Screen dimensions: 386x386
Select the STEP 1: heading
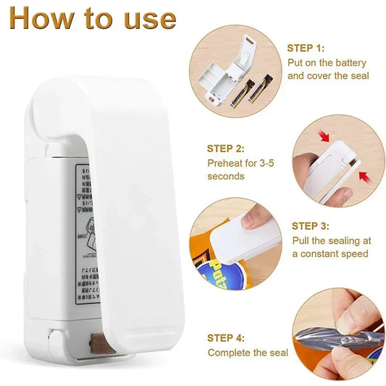pos(306,49)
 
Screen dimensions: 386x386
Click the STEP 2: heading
pos(226,148)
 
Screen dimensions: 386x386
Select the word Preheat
pos(226,163)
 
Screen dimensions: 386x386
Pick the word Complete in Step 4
pos(230,353)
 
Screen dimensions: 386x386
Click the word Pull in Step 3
pos(301,240)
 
